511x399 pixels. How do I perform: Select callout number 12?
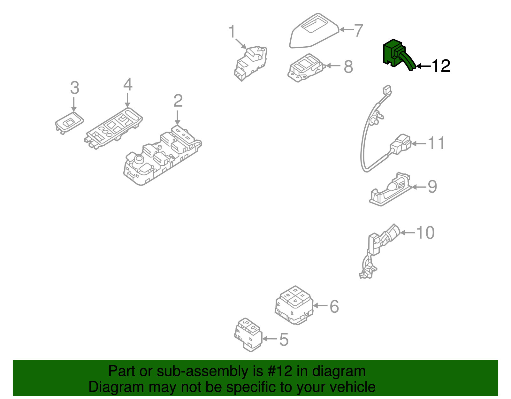click(x=441, y=66)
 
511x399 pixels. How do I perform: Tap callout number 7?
click(x=359, y=30)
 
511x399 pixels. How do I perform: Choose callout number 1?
click(x=232, y=32)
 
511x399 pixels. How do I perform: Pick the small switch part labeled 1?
click(x=251, y=62)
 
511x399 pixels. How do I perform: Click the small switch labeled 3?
click(x=69, y=122)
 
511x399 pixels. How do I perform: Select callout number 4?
click(x=128, y=85)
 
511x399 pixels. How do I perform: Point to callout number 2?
click(x=178, y=101)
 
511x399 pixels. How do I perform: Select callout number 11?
click(x=436, y=143)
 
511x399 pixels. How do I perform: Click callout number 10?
click(x=425, y=233)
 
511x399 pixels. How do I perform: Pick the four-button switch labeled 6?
click(x=294, y=305)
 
